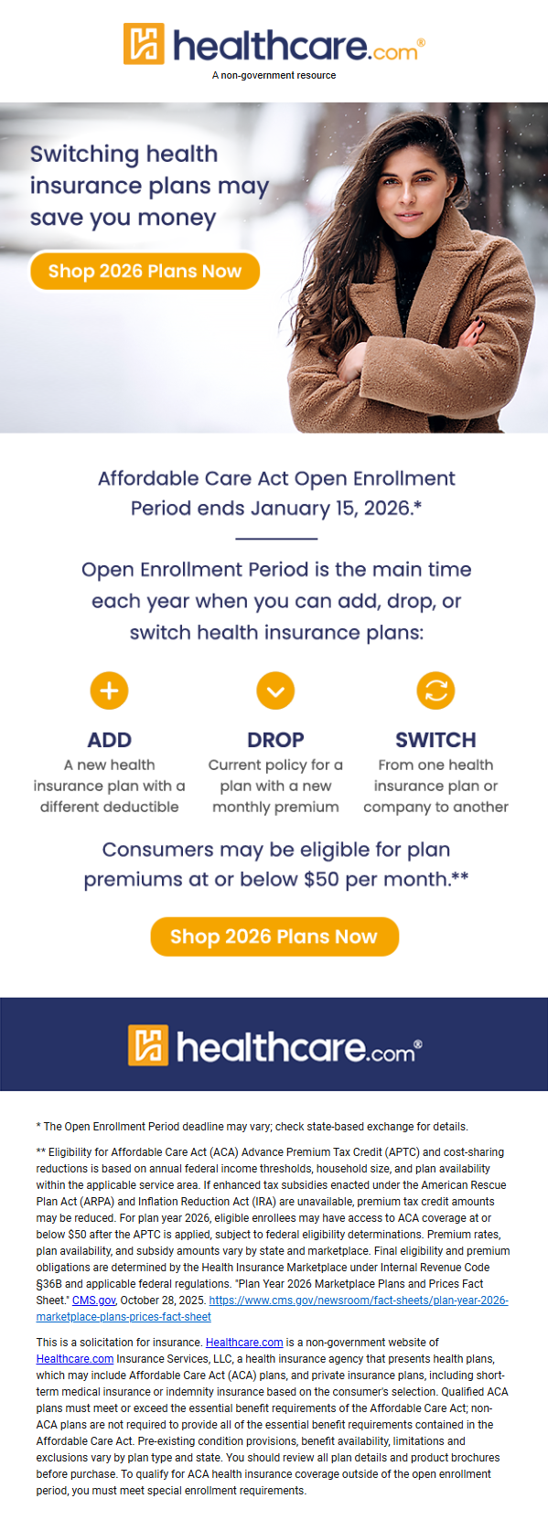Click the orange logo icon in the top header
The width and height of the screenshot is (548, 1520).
point(144,44)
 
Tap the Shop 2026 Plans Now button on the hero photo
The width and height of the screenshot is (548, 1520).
point(145,271)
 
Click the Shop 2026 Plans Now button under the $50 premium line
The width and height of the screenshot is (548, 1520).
point(274,937)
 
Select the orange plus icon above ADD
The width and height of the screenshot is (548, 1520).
point(110,690)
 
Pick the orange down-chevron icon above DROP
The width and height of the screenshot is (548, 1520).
point(275,690)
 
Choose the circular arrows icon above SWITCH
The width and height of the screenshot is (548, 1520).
point(435,690)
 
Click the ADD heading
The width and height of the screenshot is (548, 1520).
point(110,740)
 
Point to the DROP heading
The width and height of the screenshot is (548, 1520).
point(275,740)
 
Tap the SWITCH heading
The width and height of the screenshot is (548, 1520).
point(435,740)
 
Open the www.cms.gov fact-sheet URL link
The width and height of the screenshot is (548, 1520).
point(273,1309)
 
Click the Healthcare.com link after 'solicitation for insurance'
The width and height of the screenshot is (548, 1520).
point(243,1343)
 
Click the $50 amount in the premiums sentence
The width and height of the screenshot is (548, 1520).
point(321,880)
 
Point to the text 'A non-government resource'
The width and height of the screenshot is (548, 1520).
point(274,75)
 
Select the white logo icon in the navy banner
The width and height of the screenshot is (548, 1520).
point(147,1045)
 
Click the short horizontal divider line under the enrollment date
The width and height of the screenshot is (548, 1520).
point(276,539)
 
